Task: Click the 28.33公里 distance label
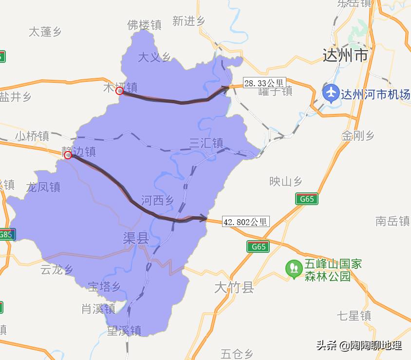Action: tap(264, 83)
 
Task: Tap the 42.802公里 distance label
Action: tap(245, 222)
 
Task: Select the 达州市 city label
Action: tap(345, 56)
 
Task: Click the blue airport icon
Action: tap(331, 93)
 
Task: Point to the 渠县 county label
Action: tap(135, 238)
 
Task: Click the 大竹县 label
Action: tap(234, 287)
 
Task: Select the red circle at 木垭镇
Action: tap(119, 91)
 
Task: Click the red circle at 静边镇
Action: tap(68, 155)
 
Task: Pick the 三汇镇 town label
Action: tap(206, 143)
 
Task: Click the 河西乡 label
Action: tap(157, 200)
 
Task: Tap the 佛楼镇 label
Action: tap(144, 25)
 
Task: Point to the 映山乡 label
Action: tap(286, 182)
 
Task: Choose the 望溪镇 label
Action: tap(124, 331)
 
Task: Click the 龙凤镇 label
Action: tap(43, 187)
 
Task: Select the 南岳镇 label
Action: tap(392, 221)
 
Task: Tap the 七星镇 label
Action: tap(354, 316)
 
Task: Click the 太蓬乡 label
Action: tap(45, 32)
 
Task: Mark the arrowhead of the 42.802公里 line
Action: tap(204, 218)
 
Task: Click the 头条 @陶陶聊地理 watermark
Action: tap(359, 345)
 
